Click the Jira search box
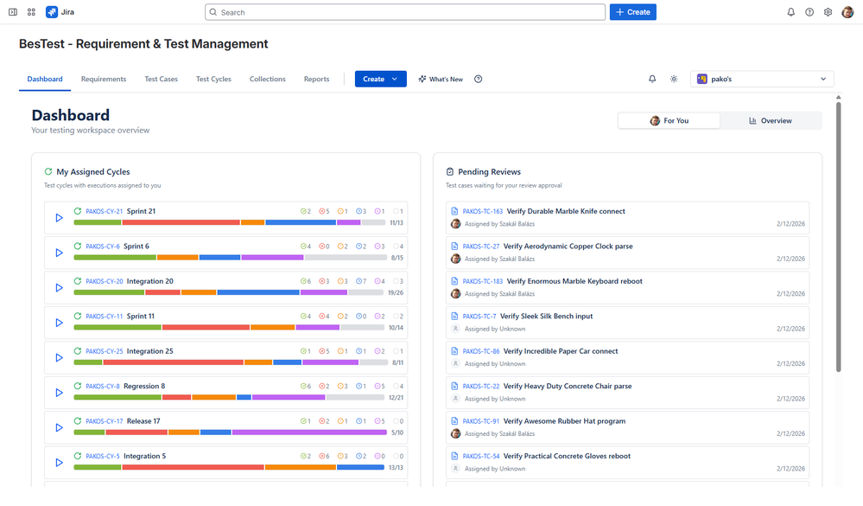point(405,12)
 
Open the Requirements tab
point(104,79)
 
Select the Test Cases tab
point(161,79)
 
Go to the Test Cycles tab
point(213,79)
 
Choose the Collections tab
point(268,79)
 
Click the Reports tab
point(316,79)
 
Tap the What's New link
point(441,79)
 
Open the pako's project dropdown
point(762,79)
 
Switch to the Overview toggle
point(771,120)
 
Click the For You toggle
point(669,120)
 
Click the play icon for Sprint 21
point(59,218)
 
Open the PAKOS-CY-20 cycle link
point(104,281)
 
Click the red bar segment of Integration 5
point(193,467)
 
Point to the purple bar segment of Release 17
point(308,432)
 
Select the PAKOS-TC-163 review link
point(482,211)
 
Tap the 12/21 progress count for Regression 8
point(396,398)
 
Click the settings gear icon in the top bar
point(828,12)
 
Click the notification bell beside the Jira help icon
point(790,12)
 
